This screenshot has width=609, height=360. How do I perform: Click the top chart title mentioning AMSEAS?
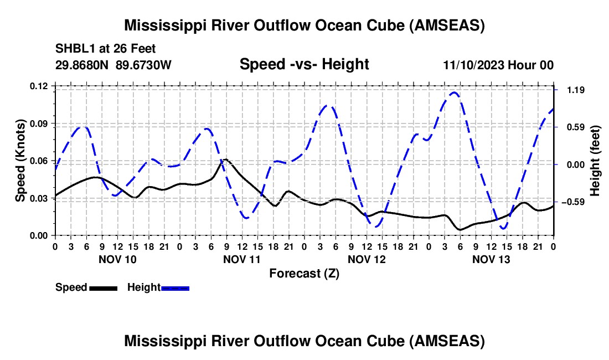point(304,25)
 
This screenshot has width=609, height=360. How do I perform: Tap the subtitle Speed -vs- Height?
point(304,64)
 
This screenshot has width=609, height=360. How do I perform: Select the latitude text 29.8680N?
point(83,65)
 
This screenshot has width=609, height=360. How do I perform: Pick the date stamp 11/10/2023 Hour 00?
point(498,65)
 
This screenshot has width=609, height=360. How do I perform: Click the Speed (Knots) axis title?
point(20,161)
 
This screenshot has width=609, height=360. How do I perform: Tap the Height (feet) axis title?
point(595,161)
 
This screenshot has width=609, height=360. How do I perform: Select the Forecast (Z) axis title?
point(304,273)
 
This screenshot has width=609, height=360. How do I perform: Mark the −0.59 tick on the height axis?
point(574,202)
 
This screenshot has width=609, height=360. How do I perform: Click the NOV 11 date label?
point(242,259)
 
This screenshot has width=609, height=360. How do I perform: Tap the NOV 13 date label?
point(491,259)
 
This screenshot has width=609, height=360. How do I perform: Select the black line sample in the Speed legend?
point(103,288)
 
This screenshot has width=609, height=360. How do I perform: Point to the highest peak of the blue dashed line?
point(454,92)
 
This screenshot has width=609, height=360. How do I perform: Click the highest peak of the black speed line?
point(225,160)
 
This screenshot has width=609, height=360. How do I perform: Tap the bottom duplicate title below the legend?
point(304,341)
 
